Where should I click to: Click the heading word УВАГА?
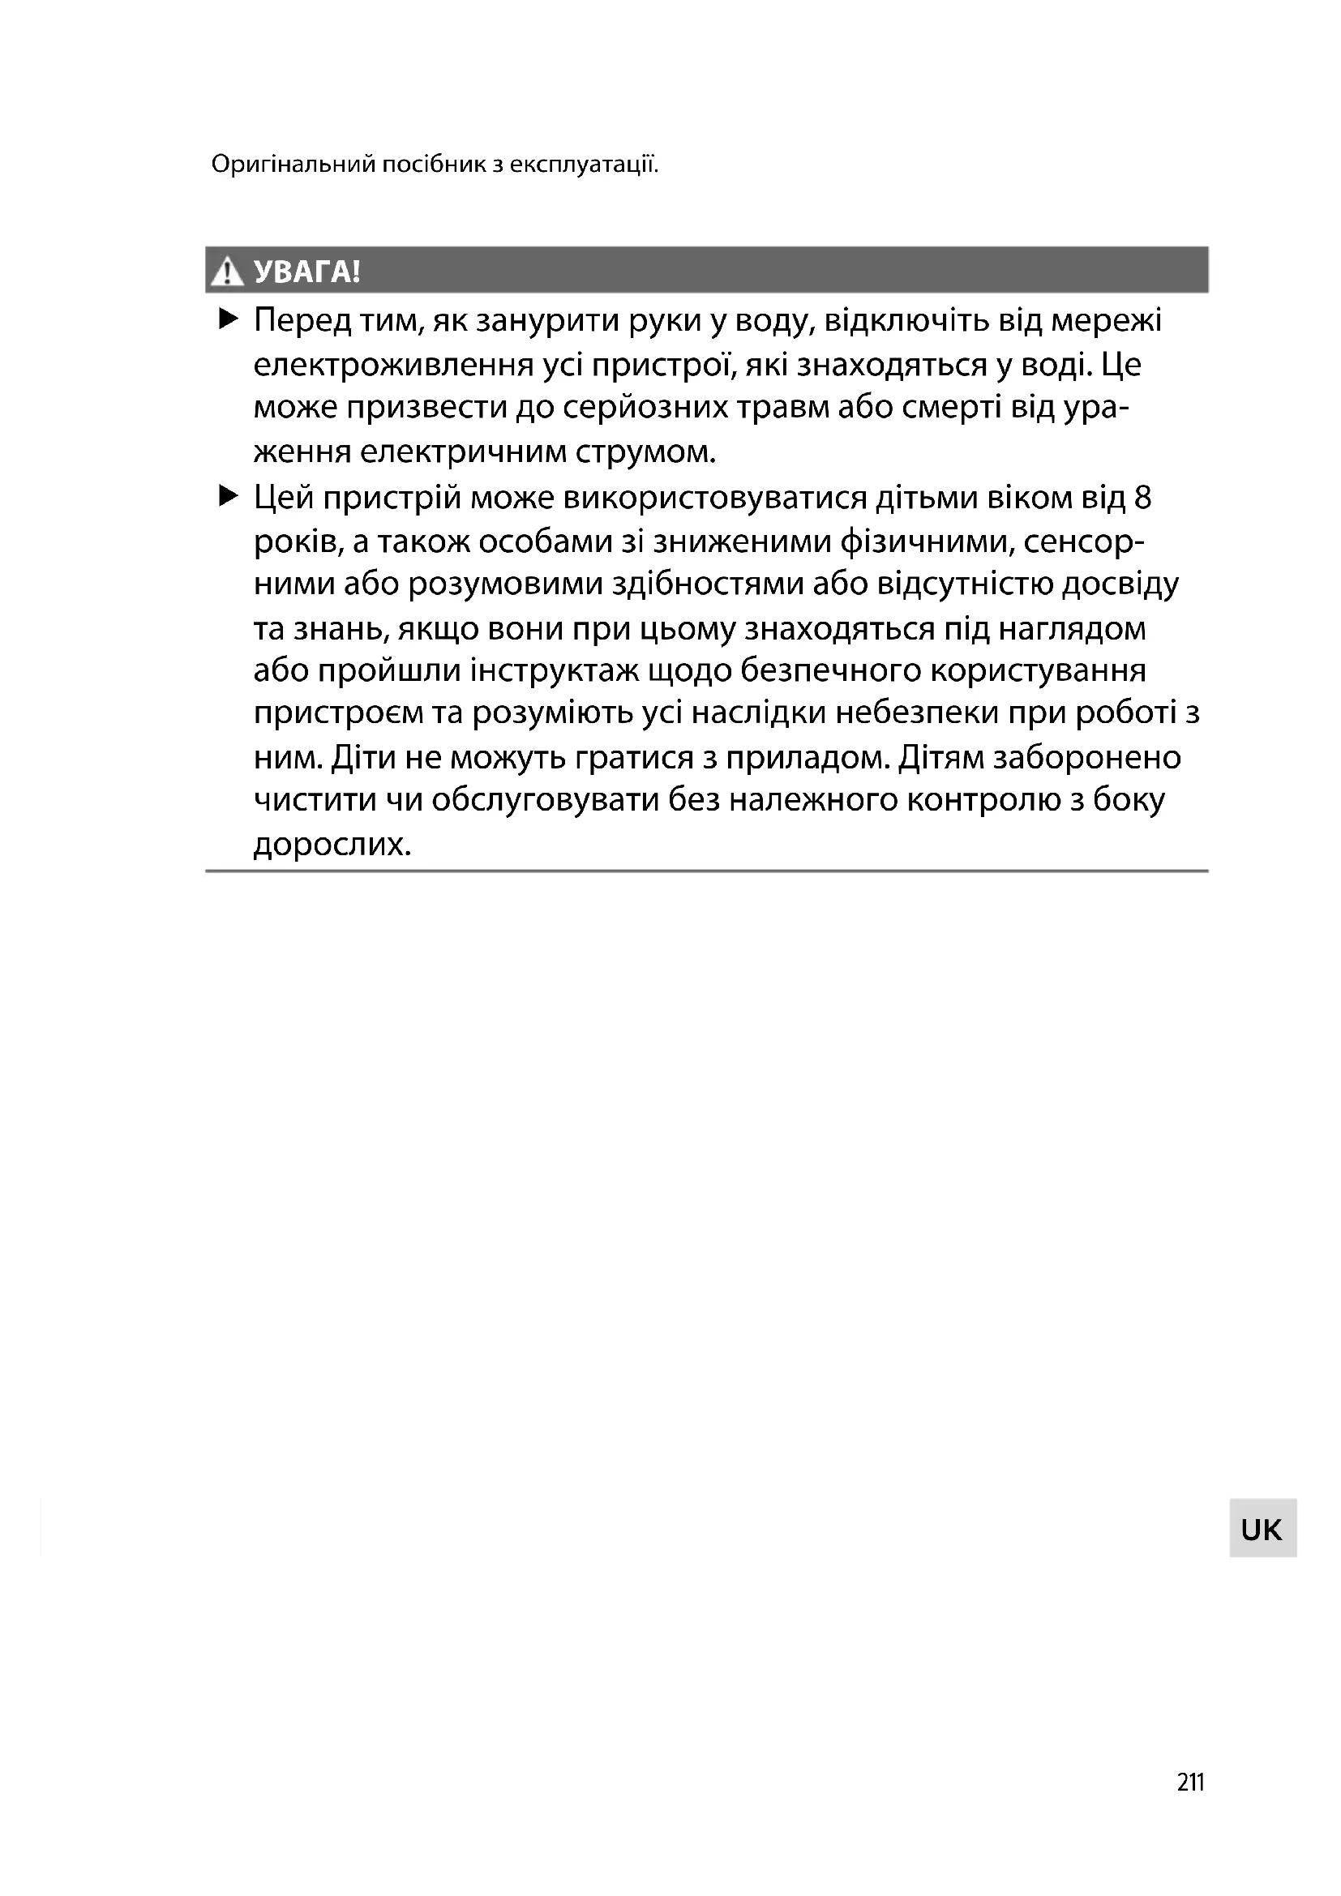[307, 272]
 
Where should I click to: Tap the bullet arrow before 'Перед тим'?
[228, 319]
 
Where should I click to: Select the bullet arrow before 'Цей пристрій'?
[228, 496]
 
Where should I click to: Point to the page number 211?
[1191, 1783]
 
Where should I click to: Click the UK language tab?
[1262, 1530]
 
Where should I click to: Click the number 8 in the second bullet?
[1143, 498]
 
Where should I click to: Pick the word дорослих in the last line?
[332, 845]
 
